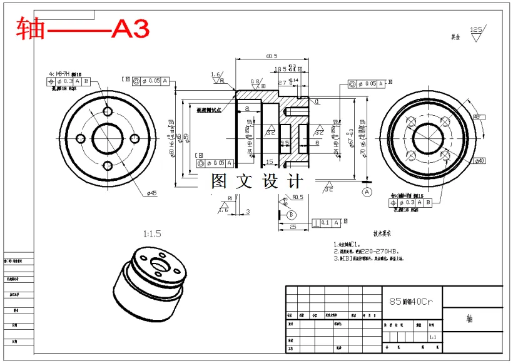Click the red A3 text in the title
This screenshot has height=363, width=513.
pos(130,29)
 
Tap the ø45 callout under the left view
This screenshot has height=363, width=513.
pos(151,193)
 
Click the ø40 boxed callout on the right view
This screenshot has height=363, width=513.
pos(480,161)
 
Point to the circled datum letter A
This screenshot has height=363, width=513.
pos(367,192)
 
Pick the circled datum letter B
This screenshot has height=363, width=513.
pos(291,215)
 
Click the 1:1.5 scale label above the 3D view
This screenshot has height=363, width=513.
pos(153,234)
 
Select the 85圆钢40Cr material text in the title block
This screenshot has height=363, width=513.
pos(410,301)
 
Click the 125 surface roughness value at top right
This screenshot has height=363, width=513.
pos(477,29)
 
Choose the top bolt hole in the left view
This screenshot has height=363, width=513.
pos(108,111)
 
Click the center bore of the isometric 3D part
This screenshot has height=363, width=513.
pos(155,265)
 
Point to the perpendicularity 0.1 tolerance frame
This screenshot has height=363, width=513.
pos(330,222)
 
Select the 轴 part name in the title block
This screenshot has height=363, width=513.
pos(469,319)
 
